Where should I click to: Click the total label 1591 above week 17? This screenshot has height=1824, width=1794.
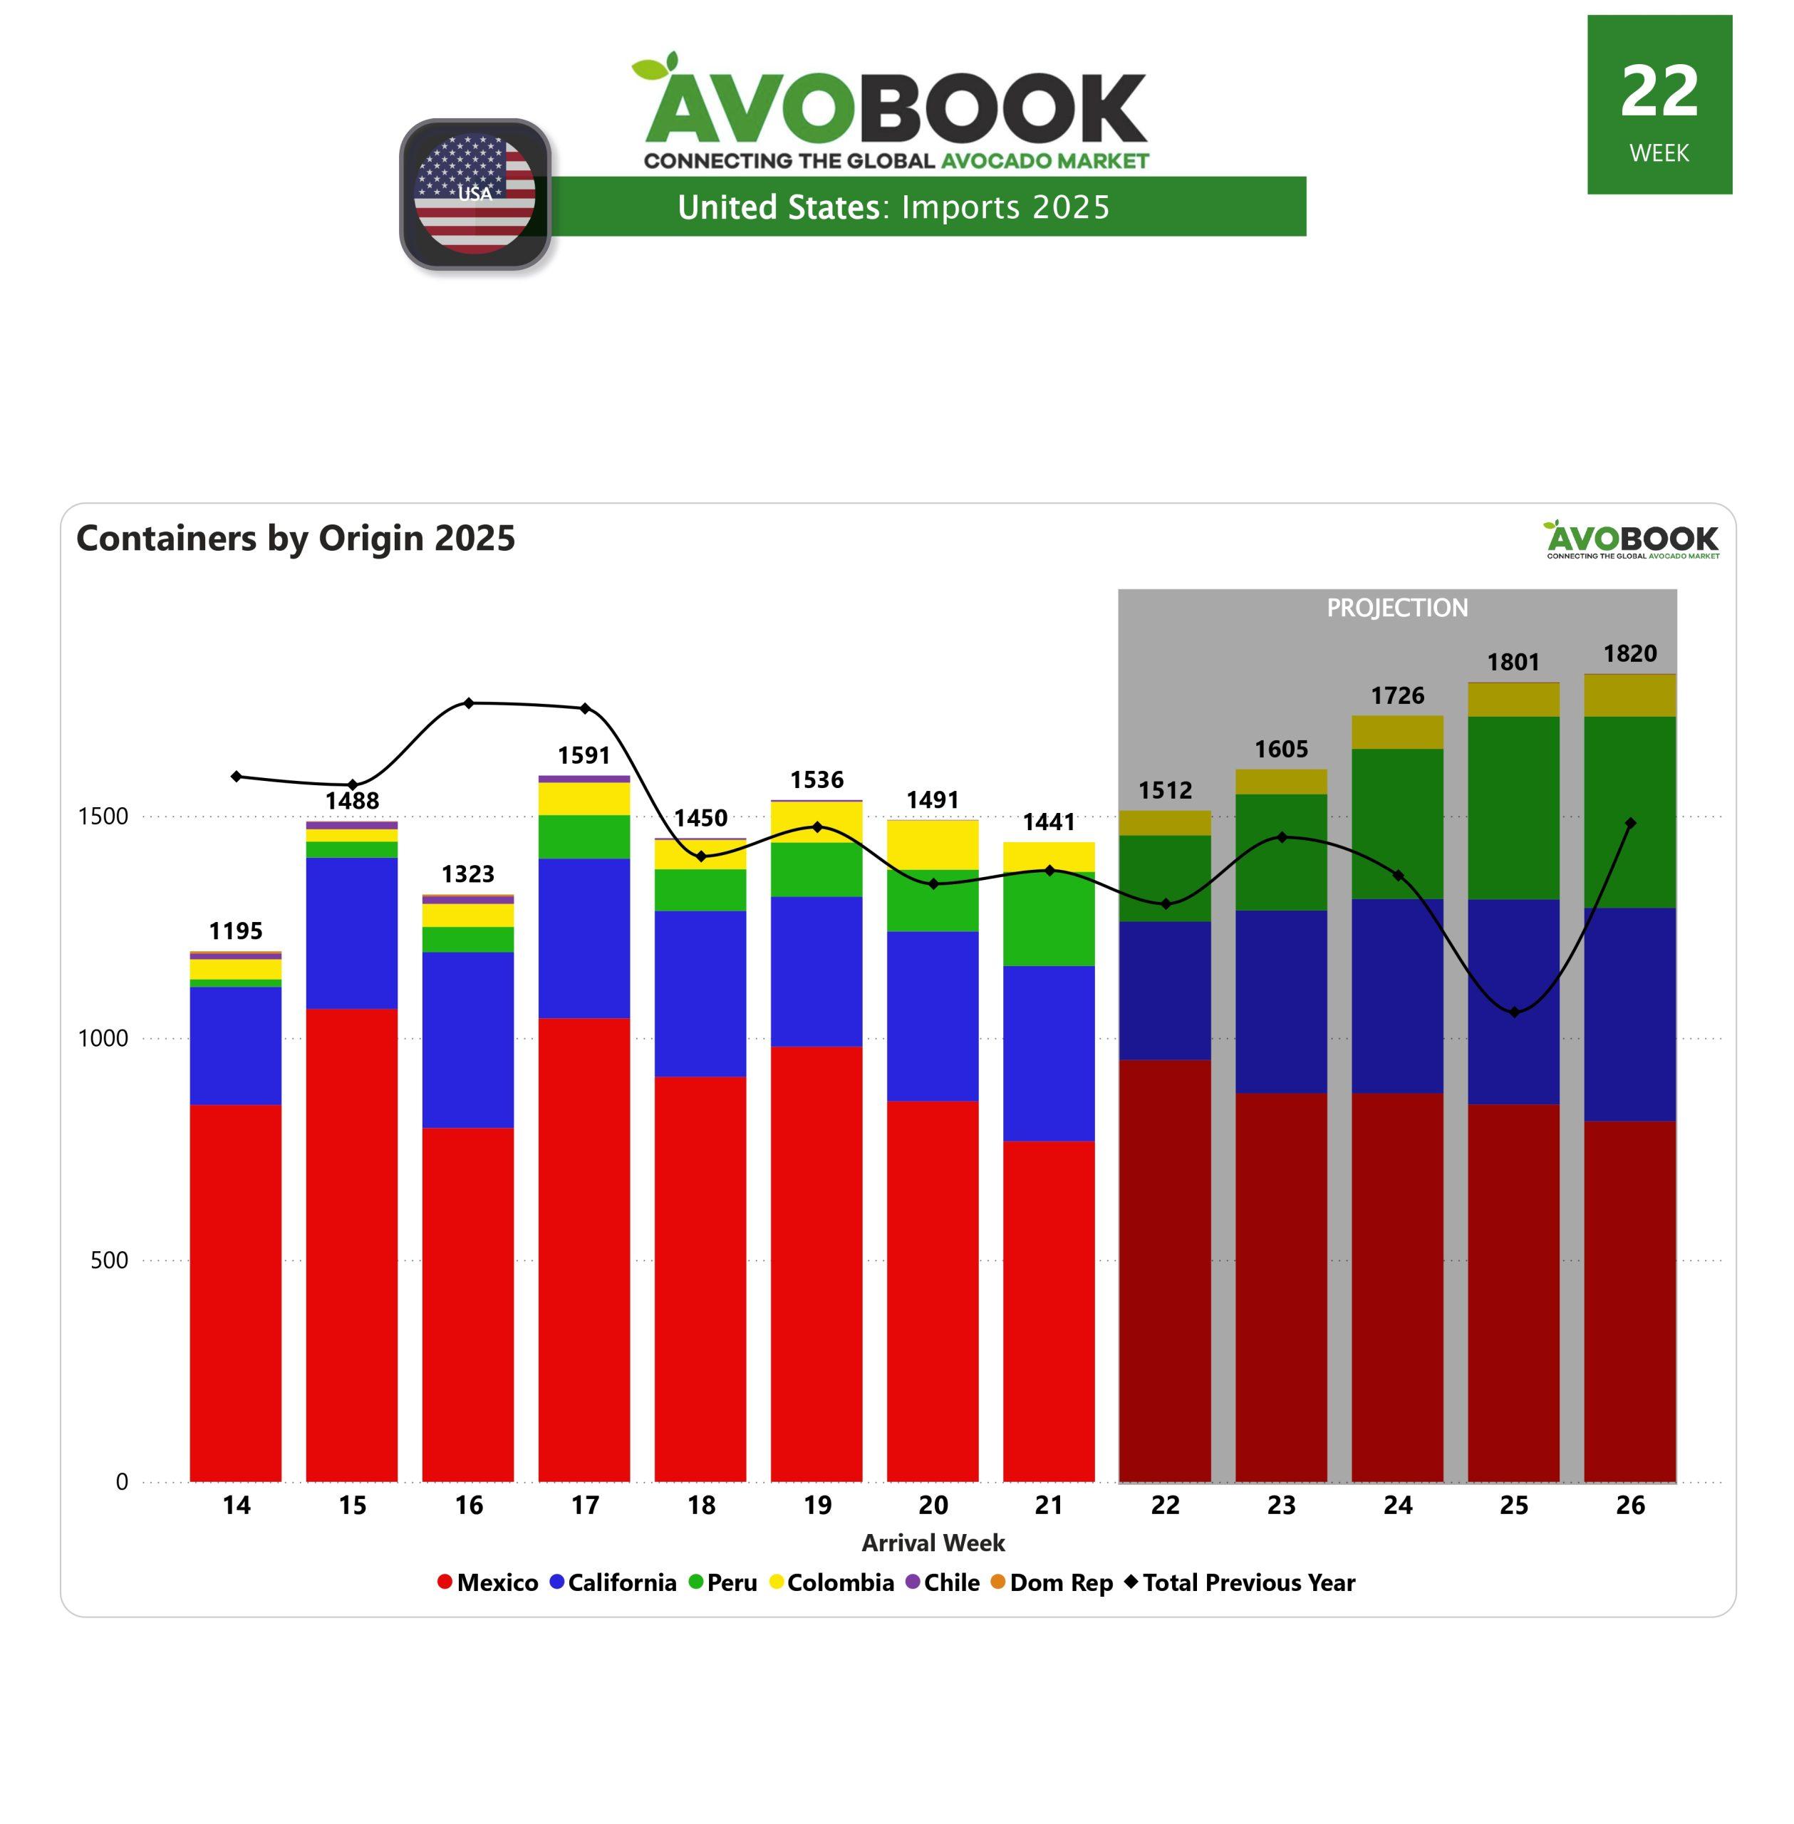pyautogui.click(x=584, y=755)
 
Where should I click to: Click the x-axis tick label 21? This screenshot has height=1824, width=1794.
pyautogui.click(x=1049, y=1506)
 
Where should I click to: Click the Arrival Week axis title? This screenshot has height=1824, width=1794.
pyautogui.click(x=933, y=1543)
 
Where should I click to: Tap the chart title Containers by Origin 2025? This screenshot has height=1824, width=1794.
pyautogui.click(x=296, y=538)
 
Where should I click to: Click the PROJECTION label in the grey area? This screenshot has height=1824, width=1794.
pyautogui.click(x=1397, y=608)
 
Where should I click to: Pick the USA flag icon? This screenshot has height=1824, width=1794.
pyautogui.click(x=475, y=194)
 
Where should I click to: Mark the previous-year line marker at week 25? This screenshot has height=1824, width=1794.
pyautogui.click(x=1514, y=1012)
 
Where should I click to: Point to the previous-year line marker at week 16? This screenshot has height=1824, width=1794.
pyautogui.click(x=468, y=703)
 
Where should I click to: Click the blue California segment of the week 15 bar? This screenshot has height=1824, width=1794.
pyautogui.click(x=353, y=933)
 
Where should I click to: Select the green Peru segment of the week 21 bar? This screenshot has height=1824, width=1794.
pyautogui.click(x=1049, y=918)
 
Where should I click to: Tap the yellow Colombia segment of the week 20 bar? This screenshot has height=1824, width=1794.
pyautogui.click(x=933, y=844)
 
